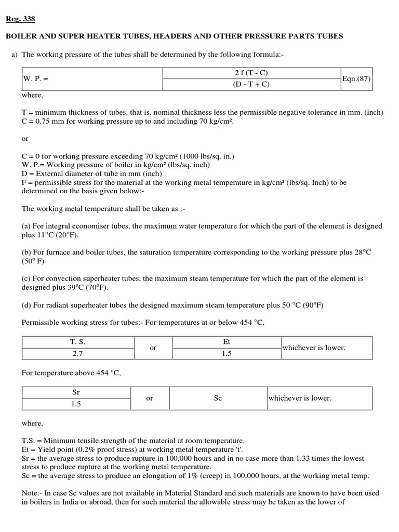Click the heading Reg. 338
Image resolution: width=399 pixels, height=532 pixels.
click(20, 20)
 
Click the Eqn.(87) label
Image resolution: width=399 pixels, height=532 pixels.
click(356, 79)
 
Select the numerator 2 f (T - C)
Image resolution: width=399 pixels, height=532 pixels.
click(251, 73)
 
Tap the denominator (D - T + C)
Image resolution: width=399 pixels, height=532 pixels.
click(251, 85)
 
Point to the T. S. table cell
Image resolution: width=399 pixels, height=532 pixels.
click(78, 342)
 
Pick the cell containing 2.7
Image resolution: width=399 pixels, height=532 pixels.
click(78, 353)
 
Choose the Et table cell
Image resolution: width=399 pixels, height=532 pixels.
click(226, 342)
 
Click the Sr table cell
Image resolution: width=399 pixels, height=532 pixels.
click(76, 392)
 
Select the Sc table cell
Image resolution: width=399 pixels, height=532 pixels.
click(218, 398)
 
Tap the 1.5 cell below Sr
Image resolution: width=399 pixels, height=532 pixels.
click(76, 404)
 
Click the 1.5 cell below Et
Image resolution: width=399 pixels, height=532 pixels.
click(226, 353)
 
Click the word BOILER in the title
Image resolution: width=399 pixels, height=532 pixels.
click(20, 36)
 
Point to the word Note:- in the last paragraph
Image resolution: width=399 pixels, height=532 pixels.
click(32, 493)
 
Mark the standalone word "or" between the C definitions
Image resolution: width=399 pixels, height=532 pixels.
click(25, 139)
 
